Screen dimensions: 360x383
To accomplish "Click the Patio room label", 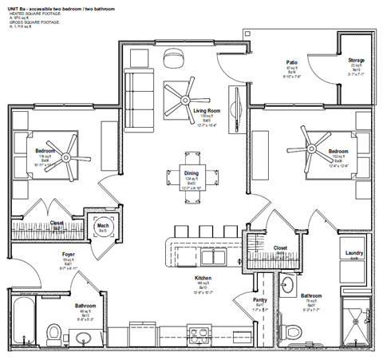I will pos(291,61).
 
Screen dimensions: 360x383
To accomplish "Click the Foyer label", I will pos(69,255).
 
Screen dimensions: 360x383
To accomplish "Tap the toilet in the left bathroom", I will pos(55,331).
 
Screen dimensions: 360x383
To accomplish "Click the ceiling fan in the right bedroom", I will pos(306,145).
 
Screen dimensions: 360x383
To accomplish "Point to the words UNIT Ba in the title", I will pos(19,6).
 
